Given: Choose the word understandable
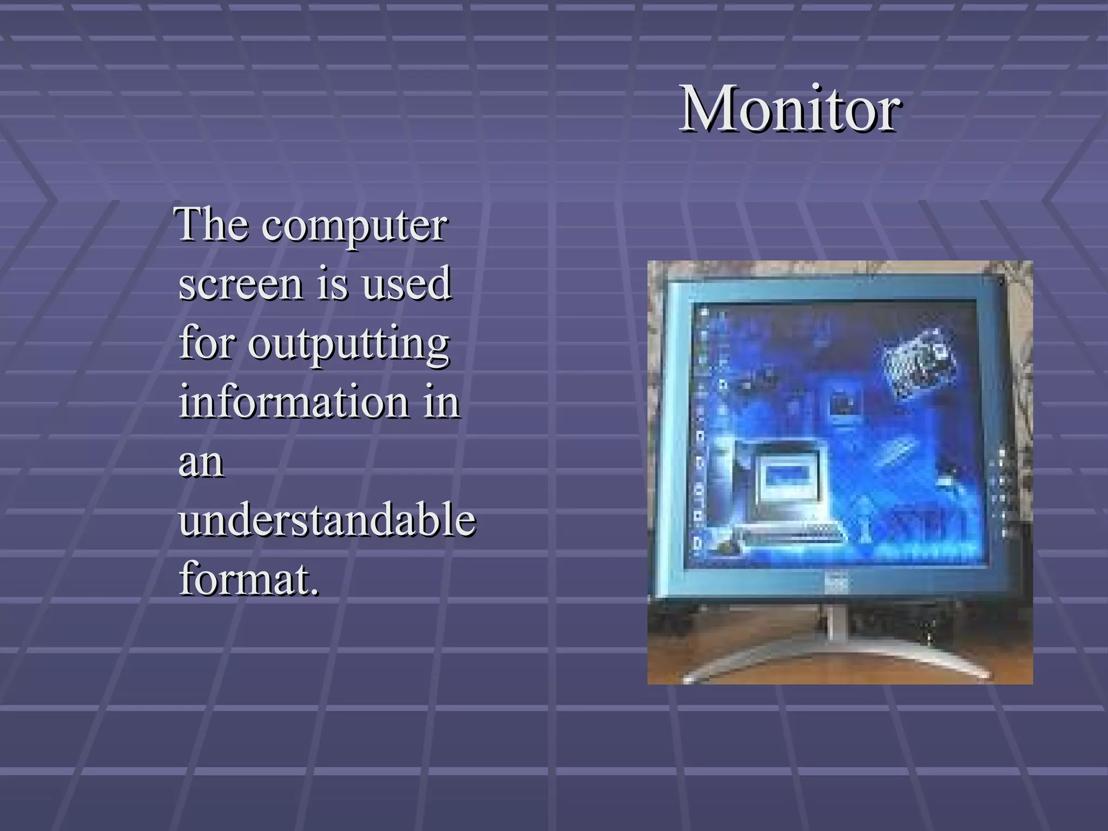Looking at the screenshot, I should pos(327,519).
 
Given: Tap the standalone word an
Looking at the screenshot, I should pos(201,463).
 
